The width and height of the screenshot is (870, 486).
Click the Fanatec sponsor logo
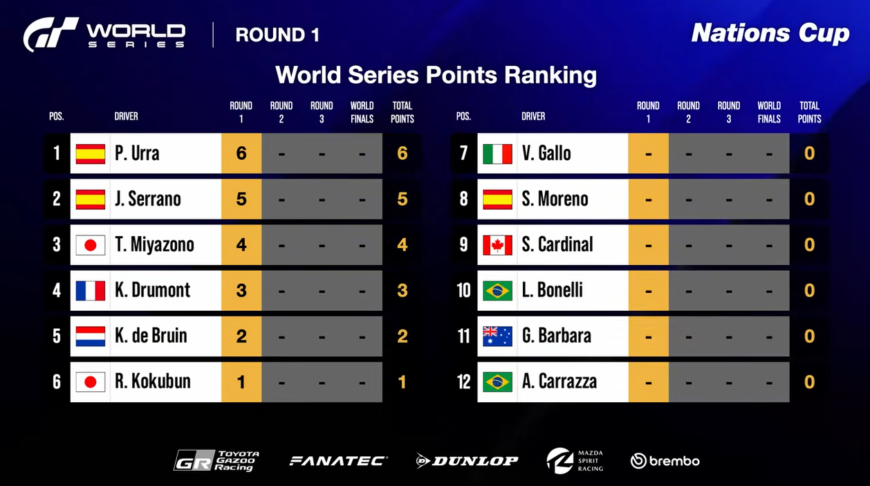338,461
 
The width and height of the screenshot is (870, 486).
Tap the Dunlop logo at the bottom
467,461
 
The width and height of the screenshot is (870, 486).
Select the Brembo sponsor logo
665,461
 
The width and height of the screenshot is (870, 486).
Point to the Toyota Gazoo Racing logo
216,460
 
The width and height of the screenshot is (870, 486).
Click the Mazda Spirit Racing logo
575,460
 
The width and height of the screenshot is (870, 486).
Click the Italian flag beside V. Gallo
497,154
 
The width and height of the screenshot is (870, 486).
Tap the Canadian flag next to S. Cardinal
497,245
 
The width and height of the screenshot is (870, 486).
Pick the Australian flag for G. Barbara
497,336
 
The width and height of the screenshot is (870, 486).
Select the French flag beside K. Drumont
91,291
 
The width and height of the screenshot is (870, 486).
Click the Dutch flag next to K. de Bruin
91,336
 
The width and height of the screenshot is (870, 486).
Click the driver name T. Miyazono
155,244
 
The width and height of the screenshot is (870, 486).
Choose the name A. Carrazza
559,381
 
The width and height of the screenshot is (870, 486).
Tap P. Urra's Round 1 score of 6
241,153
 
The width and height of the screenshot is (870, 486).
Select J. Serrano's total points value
402,199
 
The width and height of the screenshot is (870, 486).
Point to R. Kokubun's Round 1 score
241,381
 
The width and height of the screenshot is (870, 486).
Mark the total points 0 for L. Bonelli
809,291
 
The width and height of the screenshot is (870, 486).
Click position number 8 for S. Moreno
464,199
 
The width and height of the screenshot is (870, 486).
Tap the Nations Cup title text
770,33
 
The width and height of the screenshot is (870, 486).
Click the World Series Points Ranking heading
436,75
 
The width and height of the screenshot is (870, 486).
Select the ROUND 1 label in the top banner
277,35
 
